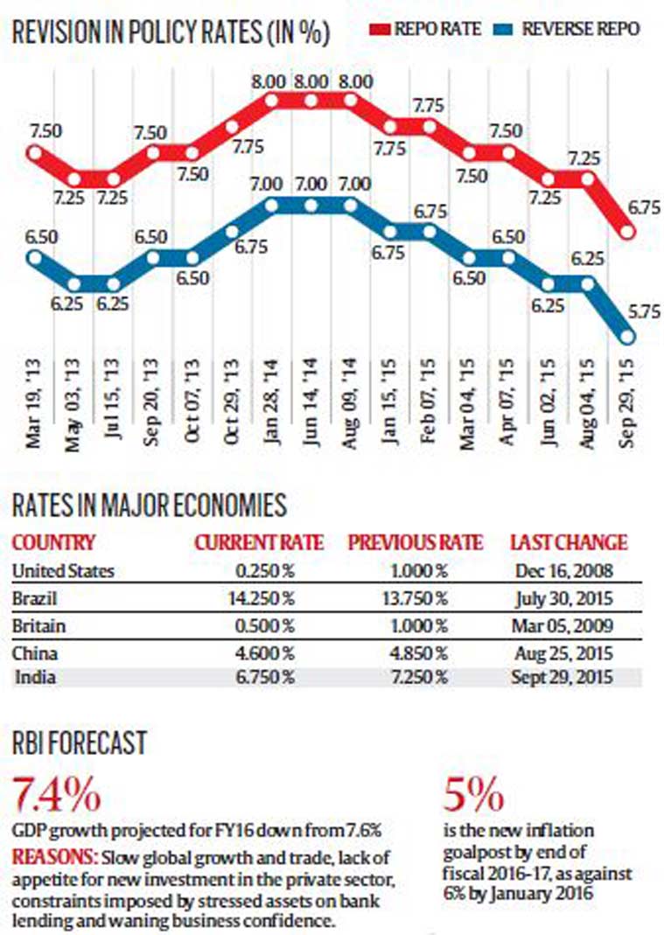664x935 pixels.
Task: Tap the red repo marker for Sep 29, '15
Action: click(x=627, y=233)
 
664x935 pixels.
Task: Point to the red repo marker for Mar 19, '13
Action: click(x=35, y=153)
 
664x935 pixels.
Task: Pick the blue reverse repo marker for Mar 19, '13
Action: click(x=35, y=257)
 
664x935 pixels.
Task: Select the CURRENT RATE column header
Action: click(x=258, y=542)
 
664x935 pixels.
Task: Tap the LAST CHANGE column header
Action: click(x=569, y=542)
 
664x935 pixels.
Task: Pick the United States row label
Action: click(x=63, y=571)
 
